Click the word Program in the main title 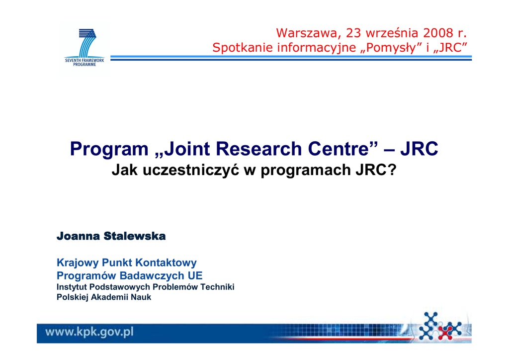(109, 149)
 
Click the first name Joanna (78, 236)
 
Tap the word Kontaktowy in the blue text (166, 263)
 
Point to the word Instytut (72, 287)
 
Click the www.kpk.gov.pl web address (89, 332)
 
